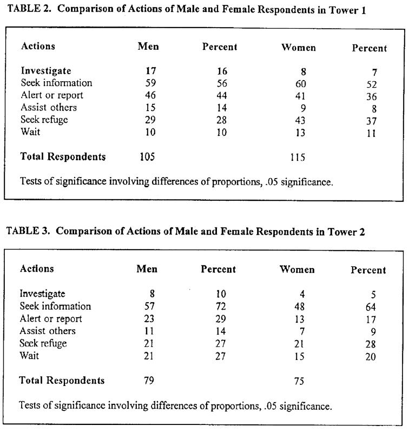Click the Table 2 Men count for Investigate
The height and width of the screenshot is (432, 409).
coord(150,70)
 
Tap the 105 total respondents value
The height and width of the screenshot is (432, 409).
coord(147,157)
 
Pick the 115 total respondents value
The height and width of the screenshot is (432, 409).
coord(297,158)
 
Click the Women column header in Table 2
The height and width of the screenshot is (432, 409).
coord(299,47)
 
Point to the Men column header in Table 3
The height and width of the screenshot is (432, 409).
coord(148,269)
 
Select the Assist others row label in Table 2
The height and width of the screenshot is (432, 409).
coord(49,107)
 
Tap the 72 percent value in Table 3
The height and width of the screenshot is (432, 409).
coord(219,306)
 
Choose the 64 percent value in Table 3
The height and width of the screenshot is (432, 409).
coord(370,307)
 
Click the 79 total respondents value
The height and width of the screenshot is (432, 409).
coord(148,380)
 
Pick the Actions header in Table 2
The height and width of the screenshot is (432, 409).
coord(38,46)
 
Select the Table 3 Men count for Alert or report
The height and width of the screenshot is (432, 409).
coord(149,318)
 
